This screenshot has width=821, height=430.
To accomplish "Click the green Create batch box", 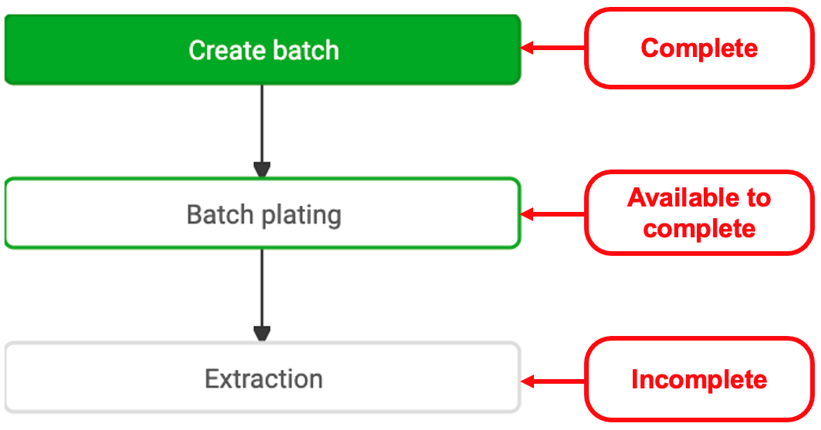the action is pos(263,49).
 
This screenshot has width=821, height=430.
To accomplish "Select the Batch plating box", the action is pos(263,213).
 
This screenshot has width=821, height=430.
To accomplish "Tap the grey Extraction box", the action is pos(263,378).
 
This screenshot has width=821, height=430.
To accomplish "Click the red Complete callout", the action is pos(699,48).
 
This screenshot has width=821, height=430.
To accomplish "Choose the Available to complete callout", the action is pos(699,213).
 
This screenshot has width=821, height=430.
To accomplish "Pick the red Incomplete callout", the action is pos(699,379).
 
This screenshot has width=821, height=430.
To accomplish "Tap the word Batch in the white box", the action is pos(221,214).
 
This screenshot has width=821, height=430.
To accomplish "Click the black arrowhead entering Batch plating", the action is pos(262,170).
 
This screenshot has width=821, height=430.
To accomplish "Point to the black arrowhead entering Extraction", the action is pos(262,334).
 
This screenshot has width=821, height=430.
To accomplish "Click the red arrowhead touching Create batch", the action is pos(528,48).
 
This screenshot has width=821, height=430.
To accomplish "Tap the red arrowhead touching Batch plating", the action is pos(528,214).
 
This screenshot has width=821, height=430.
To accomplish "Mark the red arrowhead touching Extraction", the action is pos(528,381).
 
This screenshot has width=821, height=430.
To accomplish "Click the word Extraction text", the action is pos(263,378).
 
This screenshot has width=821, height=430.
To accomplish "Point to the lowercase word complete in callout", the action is pos(699,229).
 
